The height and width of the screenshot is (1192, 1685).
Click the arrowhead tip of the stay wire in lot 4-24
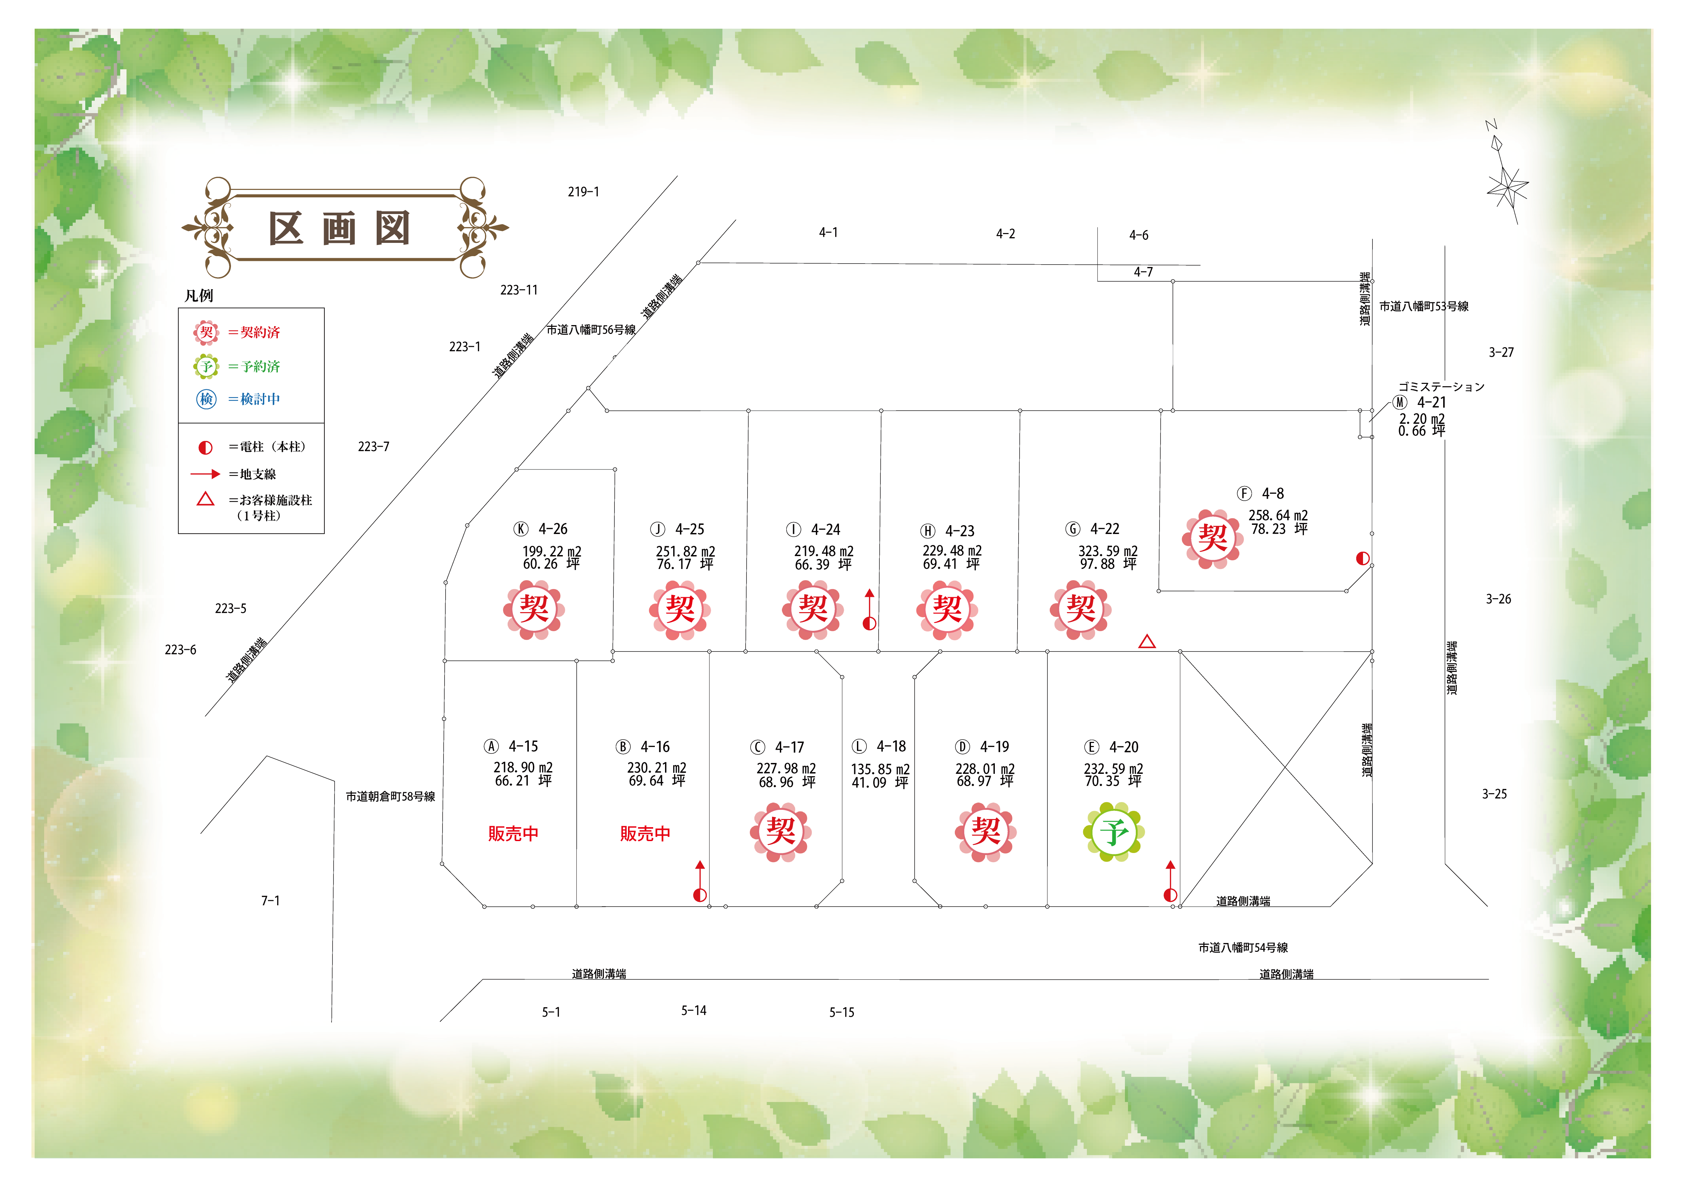coord(870,589)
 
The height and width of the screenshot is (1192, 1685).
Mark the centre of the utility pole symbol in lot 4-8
coord(1363,558)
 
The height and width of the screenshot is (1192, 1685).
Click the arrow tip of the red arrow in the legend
coord(220,474)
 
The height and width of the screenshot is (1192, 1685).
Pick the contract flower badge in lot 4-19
coord(986,832)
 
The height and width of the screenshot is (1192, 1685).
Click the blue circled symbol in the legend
coord(206,399)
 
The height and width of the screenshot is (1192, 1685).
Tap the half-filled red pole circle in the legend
coord(205,447)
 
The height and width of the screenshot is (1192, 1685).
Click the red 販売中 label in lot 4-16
coord(645,834)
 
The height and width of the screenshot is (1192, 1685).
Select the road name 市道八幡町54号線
coord(1243,947)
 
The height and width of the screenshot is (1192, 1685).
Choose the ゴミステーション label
coord(1441,387)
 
